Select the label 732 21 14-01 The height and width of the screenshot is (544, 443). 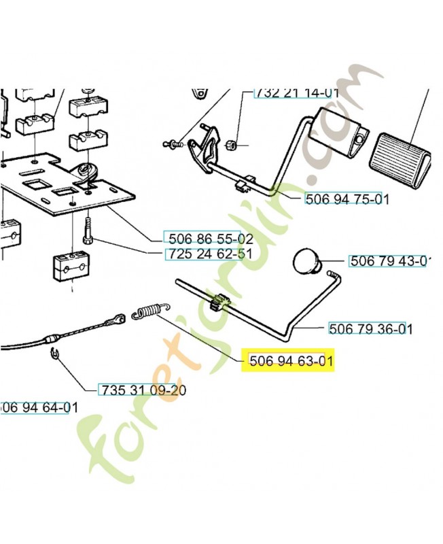(x=296, y=93)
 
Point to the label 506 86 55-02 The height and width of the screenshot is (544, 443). (x=208, y=238)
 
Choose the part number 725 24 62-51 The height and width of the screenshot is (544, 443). (x=208, y=254)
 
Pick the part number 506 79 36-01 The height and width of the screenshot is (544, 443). (x=370, y=328)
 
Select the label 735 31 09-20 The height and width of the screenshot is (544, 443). (x=143, y=390)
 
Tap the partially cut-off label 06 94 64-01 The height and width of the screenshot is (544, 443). (x=35, y=407)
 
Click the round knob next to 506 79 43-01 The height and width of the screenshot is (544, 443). (x=307, y=262)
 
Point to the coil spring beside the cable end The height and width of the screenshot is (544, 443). (x=146, y=311)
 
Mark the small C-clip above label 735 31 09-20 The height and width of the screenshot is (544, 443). (x=54, y=352)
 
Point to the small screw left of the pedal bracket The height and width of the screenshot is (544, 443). (x=173, y=143)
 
